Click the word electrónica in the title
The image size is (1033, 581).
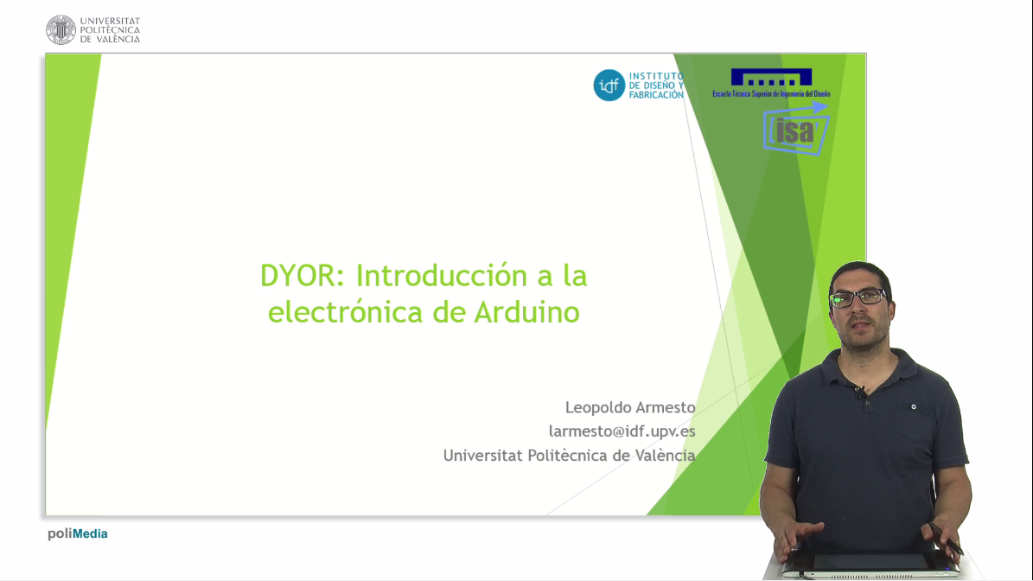tap(345, 311)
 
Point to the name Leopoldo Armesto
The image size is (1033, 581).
tap(630, 407)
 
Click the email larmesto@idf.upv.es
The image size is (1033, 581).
tap(622, 431)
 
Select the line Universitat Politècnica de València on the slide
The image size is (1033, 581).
tap(569, 455)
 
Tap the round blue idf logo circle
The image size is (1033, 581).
tap(609, 85)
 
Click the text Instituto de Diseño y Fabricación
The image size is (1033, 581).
tap(656, 86)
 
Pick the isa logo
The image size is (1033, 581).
tap(795, 129)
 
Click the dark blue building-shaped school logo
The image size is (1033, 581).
tap(771, 78)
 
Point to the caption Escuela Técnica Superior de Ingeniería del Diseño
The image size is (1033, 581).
tap(771, 93)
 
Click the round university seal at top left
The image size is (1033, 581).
tap(61, 29)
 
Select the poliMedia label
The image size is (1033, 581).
tap(77, 533)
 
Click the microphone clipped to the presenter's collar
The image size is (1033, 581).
tap(860, 393)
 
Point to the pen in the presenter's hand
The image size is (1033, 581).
tap(946, 538)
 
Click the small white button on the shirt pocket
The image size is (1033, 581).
tap(914, 407)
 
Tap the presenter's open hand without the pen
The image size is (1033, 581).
tap(797, 538)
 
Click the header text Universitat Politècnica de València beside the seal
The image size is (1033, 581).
tap(110, 29)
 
